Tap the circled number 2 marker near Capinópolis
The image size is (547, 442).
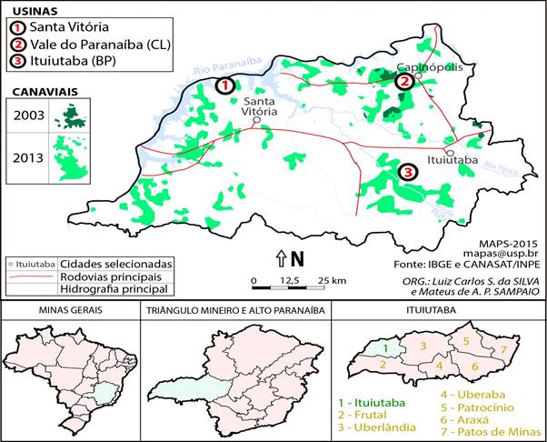(404, 81)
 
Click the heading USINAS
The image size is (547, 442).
(28, 11)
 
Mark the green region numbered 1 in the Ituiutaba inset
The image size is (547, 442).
(384, 347)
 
